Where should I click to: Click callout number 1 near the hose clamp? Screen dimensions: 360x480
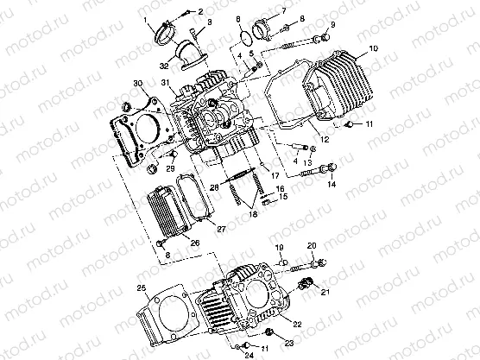click(146, 19)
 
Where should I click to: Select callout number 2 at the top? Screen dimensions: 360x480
click(200, 11)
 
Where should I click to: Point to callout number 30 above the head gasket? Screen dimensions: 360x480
click(136, 83)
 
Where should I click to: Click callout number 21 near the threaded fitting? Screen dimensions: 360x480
click(325, 294)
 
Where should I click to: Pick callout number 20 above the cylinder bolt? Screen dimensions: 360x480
click(312, 245)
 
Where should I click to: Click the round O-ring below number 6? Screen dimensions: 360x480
click(245, 36)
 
